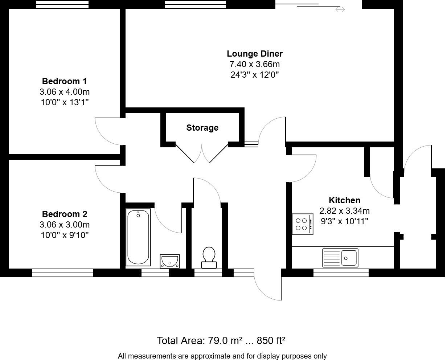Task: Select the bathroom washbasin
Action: (170, 261)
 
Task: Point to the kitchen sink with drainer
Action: (340, 258)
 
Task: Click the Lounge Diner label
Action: (255, 54)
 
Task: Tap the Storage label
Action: (202, 128)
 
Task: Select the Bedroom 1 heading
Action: (65, 81)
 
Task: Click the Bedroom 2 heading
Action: (65, 214)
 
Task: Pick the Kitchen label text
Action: (344, 200)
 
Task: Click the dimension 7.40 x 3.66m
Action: (255, 65)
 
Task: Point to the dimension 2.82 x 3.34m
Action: (344, 211)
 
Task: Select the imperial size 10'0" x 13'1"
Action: (65, 102)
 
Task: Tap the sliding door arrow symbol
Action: (340, 9)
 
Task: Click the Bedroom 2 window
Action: (62, 273)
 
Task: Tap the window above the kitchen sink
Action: (341, 273)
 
